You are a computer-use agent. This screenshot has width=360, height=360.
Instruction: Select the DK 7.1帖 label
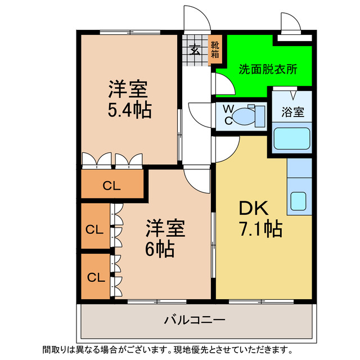[260, 219]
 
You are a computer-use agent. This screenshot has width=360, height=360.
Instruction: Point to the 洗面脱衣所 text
[268, 70]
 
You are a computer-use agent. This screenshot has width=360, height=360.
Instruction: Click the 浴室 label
[292, 111]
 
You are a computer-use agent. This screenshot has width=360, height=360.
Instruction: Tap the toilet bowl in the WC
[245, 115]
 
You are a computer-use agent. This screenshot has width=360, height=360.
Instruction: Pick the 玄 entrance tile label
[195, 49]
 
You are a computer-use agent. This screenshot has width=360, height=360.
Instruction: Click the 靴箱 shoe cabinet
[215, 49]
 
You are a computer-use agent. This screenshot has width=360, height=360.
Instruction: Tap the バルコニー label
[195, 321]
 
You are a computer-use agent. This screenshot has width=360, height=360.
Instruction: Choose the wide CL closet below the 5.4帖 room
[111, 186]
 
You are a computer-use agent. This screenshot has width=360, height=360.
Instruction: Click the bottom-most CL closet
[96, 277]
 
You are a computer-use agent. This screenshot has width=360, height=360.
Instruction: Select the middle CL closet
[96, 229]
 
